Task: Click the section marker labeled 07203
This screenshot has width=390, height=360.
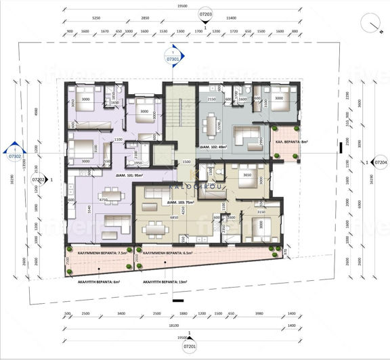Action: (206, 13)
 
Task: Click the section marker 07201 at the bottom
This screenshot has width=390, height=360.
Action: (190, 345)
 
